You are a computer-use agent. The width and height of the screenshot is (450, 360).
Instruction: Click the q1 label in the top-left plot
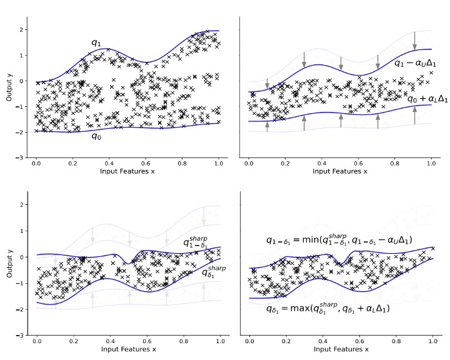[96, 43]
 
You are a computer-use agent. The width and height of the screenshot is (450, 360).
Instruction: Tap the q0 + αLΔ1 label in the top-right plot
[419, 99]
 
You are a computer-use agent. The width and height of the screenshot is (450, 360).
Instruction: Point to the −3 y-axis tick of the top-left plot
[21, 157]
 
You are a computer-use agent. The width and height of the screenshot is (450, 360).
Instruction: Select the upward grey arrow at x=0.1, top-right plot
[267, 126]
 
